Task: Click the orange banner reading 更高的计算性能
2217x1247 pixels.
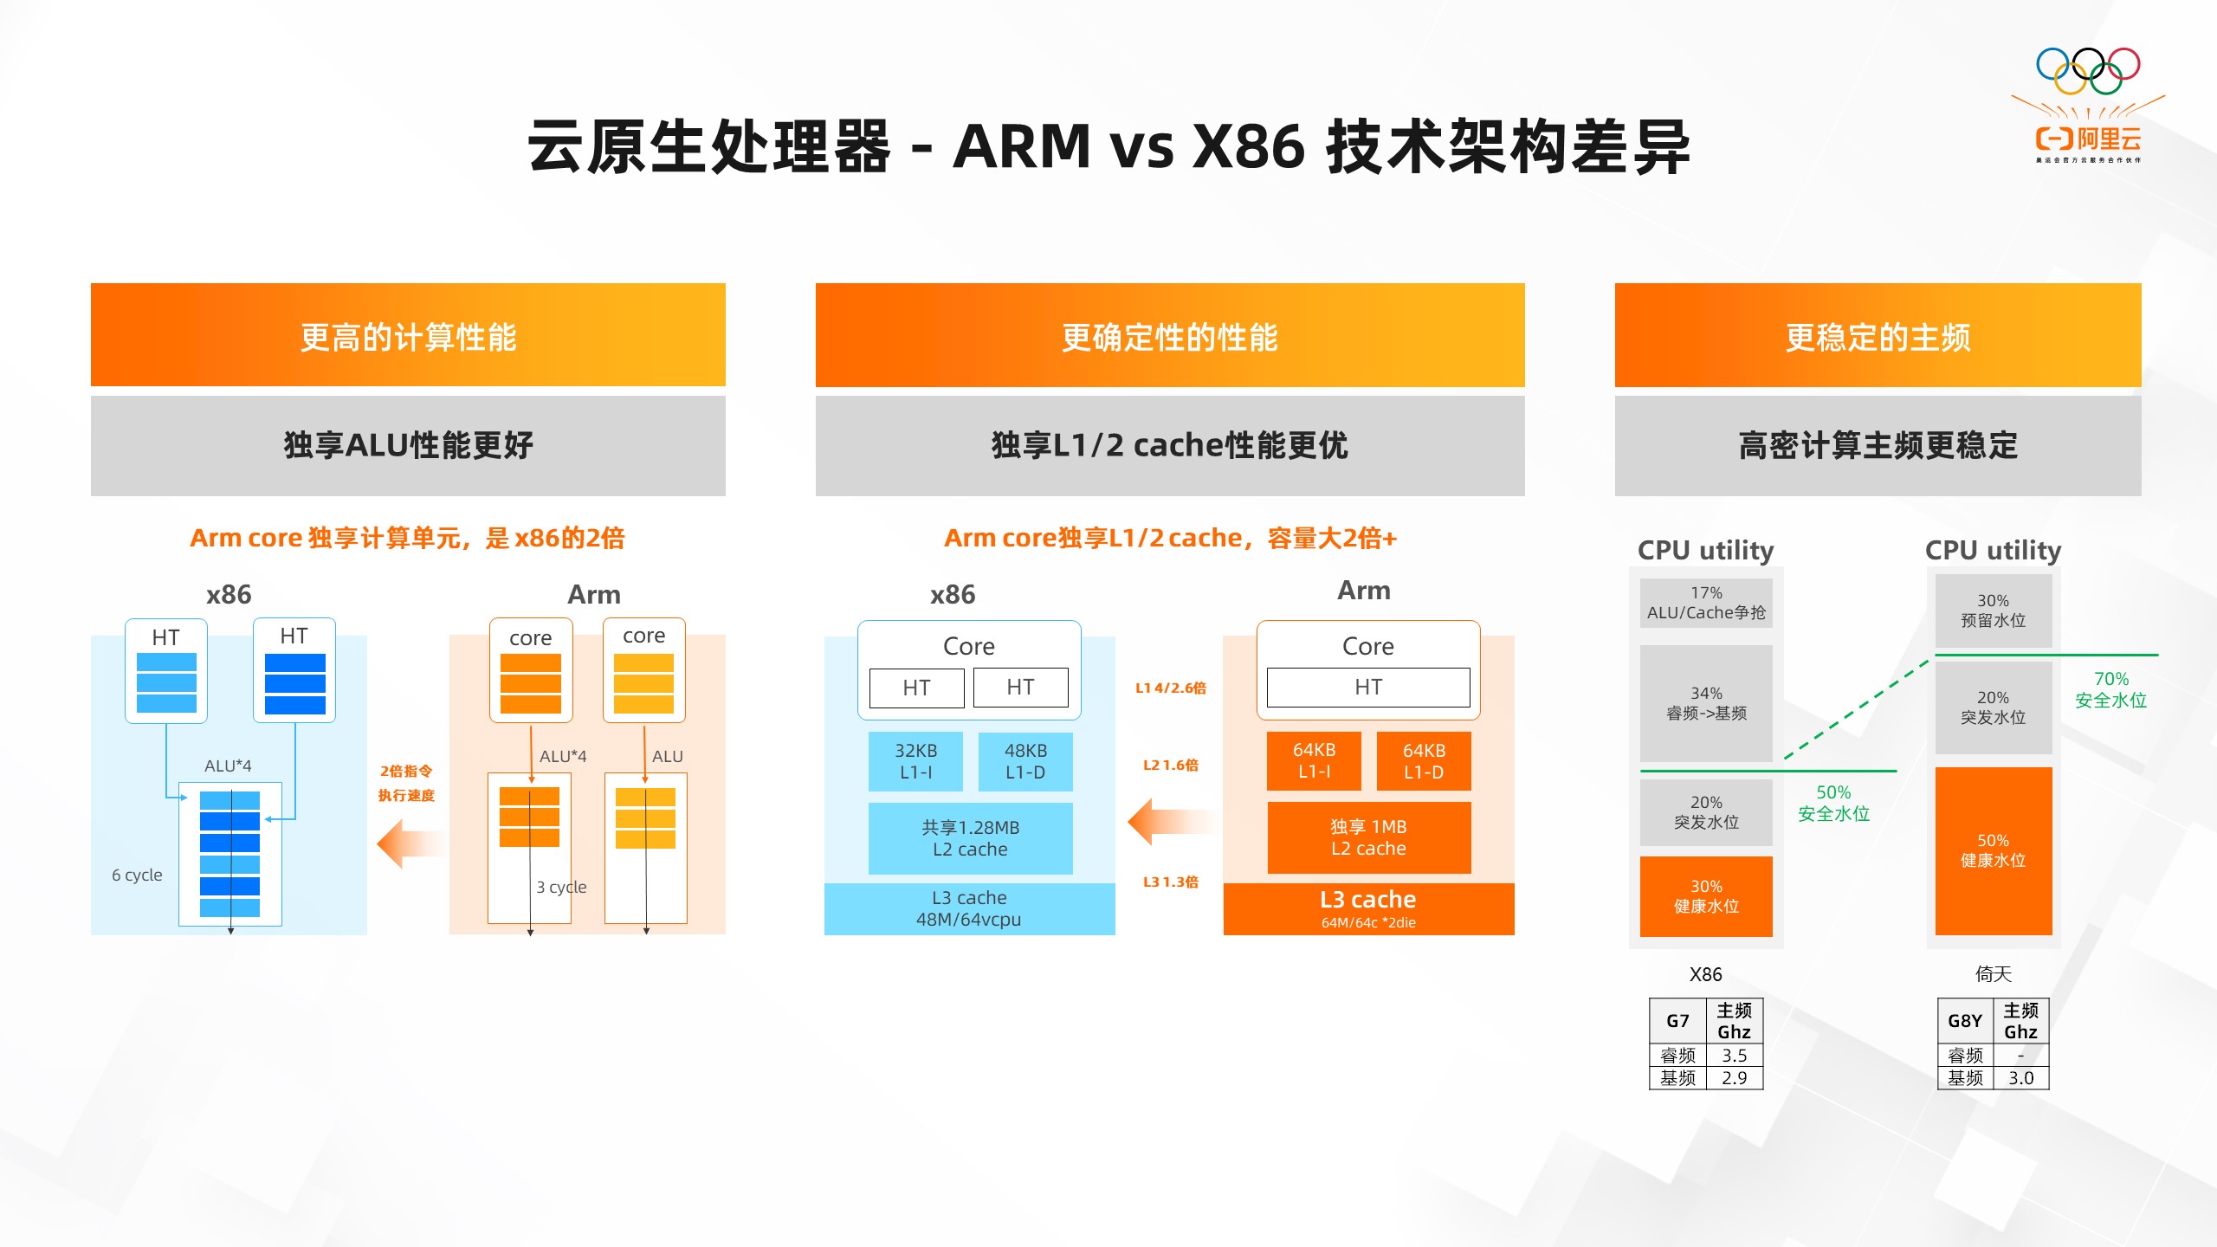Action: point(408,335)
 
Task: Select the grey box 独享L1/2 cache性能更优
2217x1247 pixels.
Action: point(1169,445)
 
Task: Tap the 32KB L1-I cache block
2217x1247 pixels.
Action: point(915,761)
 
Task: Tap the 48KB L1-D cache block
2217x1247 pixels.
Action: point(1025,761)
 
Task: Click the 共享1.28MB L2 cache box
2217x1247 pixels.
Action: point(970,838)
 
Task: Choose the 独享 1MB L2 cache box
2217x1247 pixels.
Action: point(1368,837)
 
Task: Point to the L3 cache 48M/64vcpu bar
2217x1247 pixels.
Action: point(969,908)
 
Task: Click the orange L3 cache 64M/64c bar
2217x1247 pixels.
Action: point(1368,908)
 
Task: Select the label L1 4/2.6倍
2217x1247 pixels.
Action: point(1170,688)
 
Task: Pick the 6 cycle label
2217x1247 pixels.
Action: point(137,875)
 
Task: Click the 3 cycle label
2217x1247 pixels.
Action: point(561,887)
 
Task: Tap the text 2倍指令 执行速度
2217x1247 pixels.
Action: point(406,783)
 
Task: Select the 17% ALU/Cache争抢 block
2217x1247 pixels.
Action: point(1706,603)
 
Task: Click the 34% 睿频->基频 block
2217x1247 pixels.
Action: point(1706,703)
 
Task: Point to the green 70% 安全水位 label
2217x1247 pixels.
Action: point(2110,689)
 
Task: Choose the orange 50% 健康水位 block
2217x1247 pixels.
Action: point(1993,850)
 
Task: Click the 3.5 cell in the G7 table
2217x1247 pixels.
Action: point(1734,1055)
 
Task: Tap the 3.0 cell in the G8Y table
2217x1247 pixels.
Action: point(2020,1078)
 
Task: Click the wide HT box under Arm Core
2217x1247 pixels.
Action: point(1368,687)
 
